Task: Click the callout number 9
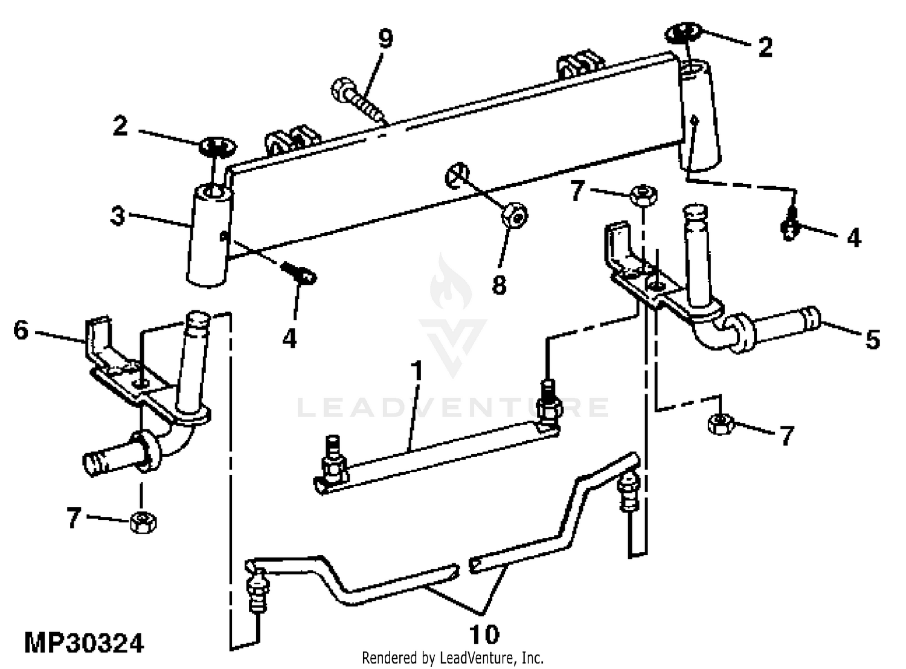coord(385,39)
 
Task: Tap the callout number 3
coord(118,216)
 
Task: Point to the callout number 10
coord(484,634)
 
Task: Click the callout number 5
coord(872,339)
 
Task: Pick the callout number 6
coord(21,330)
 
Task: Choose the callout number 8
coord(499,284)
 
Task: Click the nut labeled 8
coord(515,214)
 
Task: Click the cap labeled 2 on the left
coord(217,146)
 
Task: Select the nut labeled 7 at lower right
coord(720,423)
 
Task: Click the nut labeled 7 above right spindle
coord(643,195)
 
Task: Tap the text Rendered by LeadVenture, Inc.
coord(452,658)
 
